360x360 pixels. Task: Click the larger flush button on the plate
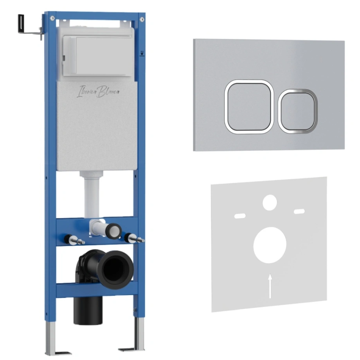tap(249, 107)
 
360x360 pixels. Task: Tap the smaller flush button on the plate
tap(298, 111)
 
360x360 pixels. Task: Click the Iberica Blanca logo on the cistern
tap(98, 92)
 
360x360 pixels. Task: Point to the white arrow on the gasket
tap(270, 286)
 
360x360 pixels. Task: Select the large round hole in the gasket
tap(270, 245)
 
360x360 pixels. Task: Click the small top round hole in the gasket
tap(270, 203)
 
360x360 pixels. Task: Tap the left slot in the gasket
tap(240, 216)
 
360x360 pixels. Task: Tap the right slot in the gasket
tap(299, 211)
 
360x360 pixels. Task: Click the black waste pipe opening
tap(115, 270)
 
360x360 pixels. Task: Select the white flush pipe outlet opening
tap(114, 231)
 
